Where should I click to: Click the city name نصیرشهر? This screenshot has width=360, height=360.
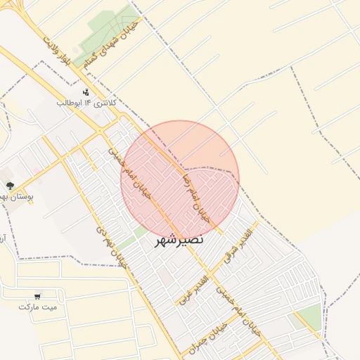tap(179, 239)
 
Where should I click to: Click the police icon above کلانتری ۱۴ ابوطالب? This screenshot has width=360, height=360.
tap(86, 92)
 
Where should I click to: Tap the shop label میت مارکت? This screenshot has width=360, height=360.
tap(38, 307)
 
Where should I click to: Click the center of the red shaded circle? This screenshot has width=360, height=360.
tap(180, 179)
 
